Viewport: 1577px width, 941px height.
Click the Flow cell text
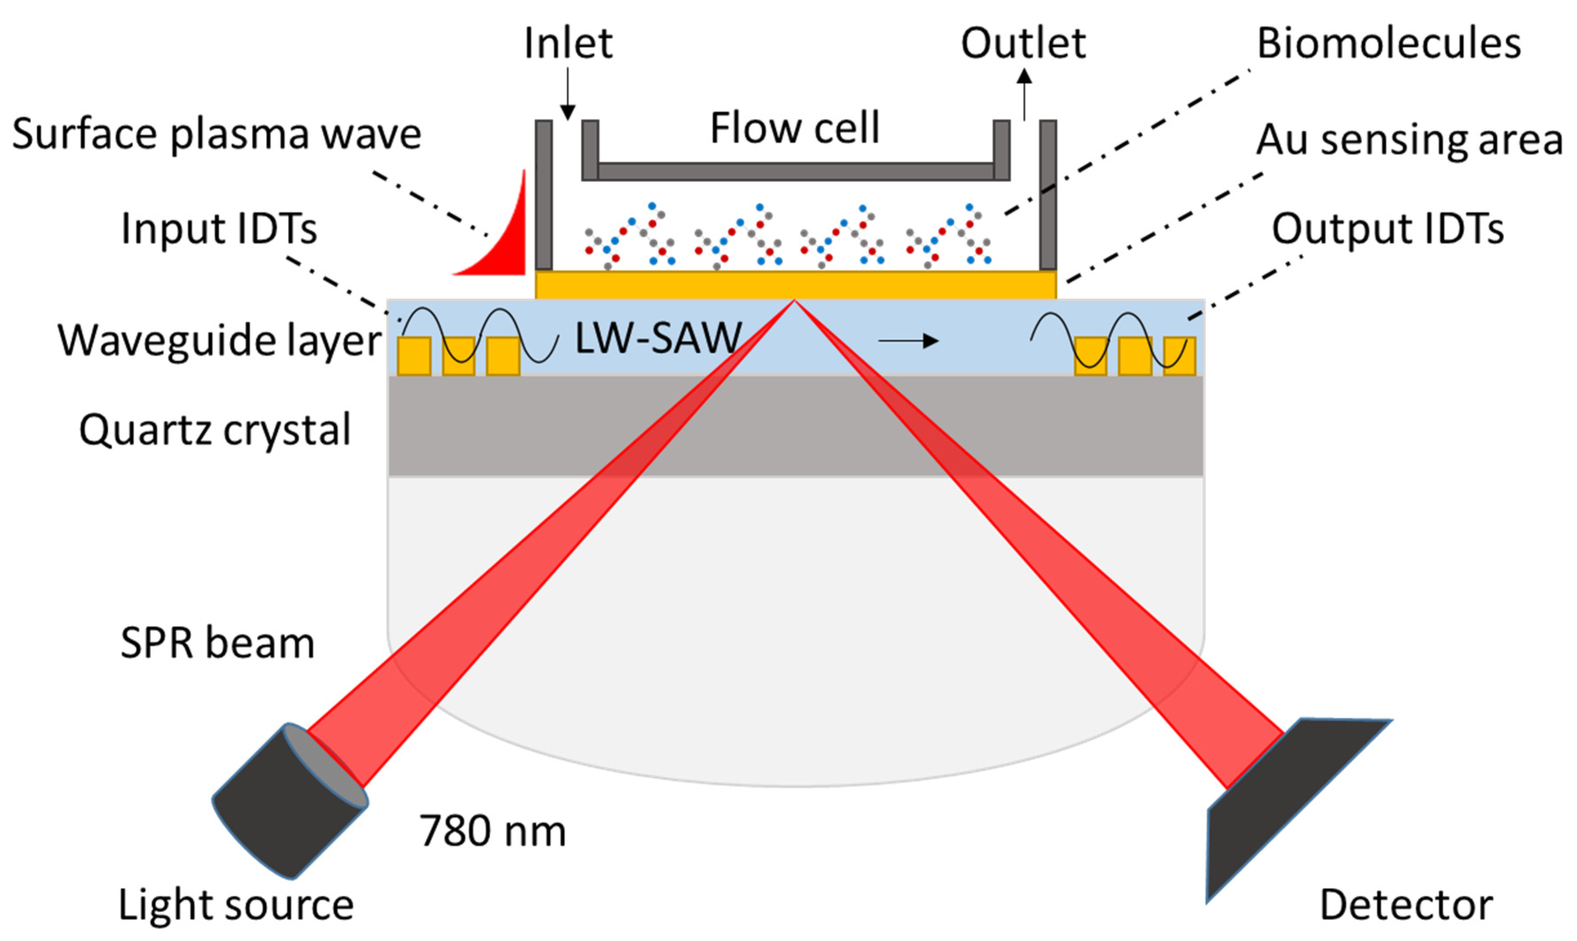point(795,128)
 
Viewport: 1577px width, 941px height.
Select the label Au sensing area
point(1408,140)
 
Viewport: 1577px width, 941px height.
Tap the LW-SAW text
point(658,338)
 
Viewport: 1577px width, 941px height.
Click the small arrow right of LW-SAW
point(908,341)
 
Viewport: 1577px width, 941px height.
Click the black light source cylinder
point(285,805)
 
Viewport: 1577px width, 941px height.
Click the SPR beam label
point(217,643)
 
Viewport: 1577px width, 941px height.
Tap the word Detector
point(1406,905)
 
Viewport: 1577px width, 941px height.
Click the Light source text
point(236,905)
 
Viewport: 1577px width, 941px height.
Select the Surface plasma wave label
point(217,134)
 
